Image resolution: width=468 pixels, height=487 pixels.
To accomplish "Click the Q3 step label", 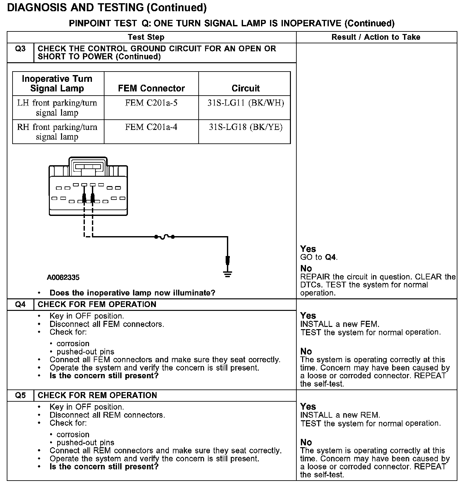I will point(20,49).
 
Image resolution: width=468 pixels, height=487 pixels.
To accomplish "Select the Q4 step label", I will point(20,304).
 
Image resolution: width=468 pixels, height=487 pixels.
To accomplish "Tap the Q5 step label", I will point(20,395).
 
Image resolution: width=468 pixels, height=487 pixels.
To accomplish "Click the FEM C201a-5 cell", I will point(151,103).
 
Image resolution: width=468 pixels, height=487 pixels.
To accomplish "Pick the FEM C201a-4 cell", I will point(151,127).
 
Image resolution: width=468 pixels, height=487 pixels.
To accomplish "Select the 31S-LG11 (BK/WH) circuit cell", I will point(246,103).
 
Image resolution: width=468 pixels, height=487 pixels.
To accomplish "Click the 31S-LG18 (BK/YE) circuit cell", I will point(246,127).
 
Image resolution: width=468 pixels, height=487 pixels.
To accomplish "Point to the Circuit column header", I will point(246,88).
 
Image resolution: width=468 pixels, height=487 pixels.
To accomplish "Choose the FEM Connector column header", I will point(151,88).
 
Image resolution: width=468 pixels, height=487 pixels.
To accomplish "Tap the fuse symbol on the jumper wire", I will point(164,237).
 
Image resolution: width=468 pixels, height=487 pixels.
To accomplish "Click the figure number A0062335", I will point(63,278).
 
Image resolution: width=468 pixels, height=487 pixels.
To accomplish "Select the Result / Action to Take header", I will point(376,37).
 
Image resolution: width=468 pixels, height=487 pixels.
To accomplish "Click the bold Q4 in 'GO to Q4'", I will point(331,257).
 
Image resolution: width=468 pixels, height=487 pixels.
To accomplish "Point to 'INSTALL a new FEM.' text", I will point(340,324).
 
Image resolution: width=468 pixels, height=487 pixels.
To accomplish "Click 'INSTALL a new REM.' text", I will point(340,415).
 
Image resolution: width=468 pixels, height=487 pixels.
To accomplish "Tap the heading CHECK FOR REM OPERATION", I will point(97,395).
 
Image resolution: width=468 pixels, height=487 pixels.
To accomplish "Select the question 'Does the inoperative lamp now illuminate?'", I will point(132,293).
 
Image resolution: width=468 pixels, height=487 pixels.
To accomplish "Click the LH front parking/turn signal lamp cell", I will point(57,108).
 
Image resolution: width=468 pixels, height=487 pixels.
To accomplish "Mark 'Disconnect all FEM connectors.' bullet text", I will point(107,324).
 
